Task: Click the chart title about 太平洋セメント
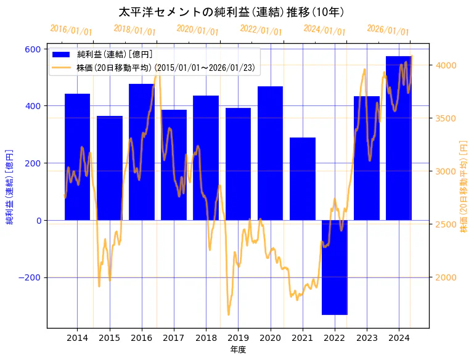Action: pos(231,12)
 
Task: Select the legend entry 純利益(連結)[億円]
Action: pos(115,55)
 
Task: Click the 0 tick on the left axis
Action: pos(39,220)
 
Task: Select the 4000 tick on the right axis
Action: pos(445,65)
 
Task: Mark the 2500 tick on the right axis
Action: pos(445,224)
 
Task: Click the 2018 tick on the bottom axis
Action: pos(206,338)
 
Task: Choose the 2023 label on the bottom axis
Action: pos(367,338)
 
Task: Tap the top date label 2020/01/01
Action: pos(197,30)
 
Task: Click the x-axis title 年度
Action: pos(238,350)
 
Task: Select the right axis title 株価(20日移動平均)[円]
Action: pos(464,185)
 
